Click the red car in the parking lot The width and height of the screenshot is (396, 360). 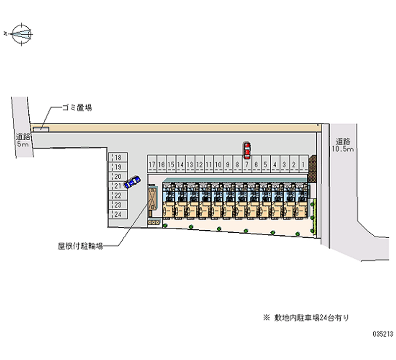coord(247,149)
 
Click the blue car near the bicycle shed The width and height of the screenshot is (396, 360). coord(132,182)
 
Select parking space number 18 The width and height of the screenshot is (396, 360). coord(118,157)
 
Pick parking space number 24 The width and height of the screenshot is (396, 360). coord(118,214)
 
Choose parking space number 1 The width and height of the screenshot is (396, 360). coord(302,164)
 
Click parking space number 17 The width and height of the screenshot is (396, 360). coord(151,164)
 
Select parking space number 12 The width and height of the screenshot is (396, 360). coord(199,164)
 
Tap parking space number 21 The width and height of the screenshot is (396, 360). coord(118,186)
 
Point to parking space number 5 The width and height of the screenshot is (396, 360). coord(265,164)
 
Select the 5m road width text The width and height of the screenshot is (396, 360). coord(22,144)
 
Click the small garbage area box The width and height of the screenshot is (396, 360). coord(45,130)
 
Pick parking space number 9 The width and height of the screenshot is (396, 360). coord(227,164)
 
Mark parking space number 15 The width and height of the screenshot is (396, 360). coord(171,164)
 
